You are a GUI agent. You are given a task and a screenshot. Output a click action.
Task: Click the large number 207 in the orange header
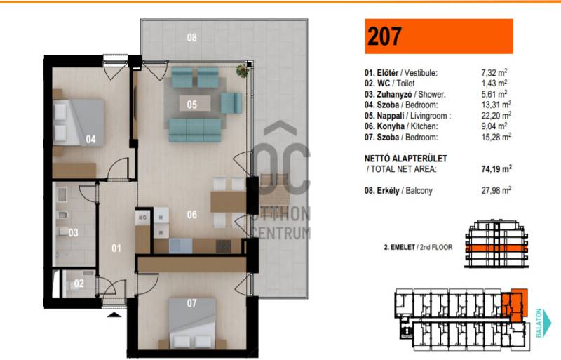(x=384, y=36)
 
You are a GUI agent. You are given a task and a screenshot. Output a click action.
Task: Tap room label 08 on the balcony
(x=191, y=37)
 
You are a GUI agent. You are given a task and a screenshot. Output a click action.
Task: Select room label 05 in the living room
(x=191, y=105)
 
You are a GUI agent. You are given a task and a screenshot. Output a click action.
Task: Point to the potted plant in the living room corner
(x=243, y=71)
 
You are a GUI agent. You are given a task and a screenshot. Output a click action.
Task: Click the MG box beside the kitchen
(x=142, y=218)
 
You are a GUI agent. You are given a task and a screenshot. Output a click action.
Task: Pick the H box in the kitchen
(x=161, y=217)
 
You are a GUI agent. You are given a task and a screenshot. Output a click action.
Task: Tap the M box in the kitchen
(x=161, y=233)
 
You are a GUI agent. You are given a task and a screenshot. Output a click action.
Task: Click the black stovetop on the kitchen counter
(x=224, y=246)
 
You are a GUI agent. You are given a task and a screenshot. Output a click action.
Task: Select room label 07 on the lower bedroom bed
(x=191, y=303)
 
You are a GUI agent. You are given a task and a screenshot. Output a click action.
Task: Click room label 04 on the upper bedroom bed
(x=91, y=140)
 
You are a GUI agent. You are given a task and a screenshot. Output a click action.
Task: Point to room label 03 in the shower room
(x=73, y=233)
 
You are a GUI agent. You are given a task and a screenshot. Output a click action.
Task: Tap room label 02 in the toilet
(x=79, y=284)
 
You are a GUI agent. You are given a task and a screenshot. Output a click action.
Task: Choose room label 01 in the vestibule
(x=116, y=248)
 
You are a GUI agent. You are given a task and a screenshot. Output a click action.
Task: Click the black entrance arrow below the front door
(x=114, y=315)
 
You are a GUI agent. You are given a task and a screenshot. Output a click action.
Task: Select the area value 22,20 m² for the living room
(x=496, y=115)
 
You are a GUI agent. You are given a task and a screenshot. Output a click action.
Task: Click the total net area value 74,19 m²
(x=496, y=168)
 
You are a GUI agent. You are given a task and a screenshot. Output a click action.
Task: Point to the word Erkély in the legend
(x=388, y=191)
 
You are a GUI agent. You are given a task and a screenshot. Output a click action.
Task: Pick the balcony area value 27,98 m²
(x=496, y=190)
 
